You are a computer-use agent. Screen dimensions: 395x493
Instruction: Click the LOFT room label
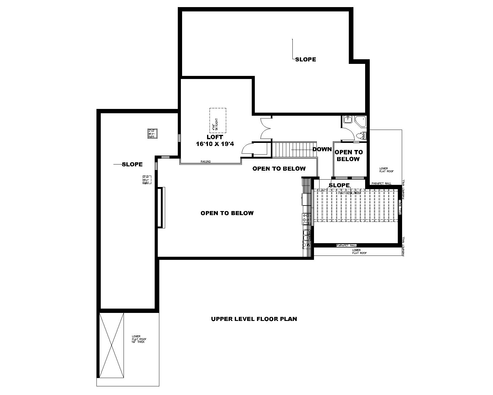click(215, 137)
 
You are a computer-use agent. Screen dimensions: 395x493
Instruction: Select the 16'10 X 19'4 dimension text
click(215, 144)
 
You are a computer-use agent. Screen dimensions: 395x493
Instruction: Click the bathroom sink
click(348, 119)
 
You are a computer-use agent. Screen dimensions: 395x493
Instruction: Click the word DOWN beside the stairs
click(322, 149)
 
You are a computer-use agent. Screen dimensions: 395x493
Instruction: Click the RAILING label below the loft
click(206, 161)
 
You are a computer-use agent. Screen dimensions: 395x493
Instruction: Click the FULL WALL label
click(400, 207)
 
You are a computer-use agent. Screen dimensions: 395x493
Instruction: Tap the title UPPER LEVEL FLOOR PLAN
click(254, 319)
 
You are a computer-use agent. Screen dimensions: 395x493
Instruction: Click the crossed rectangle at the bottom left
click(111, 345)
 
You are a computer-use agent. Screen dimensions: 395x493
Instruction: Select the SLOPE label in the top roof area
click(305, 60)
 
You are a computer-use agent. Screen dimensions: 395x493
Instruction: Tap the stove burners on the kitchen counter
click(306, 218)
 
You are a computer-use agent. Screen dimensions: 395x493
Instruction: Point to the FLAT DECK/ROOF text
click(350, 193)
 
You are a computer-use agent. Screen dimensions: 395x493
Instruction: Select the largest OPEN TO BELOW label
click(227, 213)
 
